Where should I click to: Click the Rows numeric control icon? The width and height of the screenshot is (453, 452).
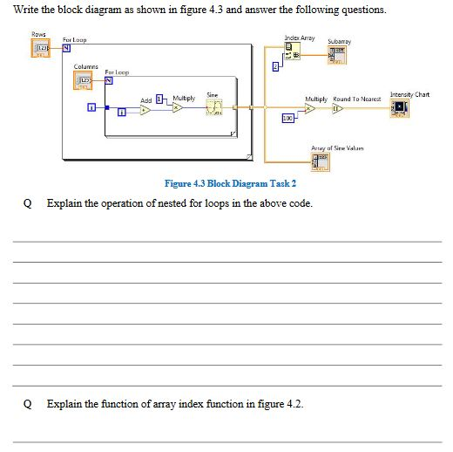(39, 48)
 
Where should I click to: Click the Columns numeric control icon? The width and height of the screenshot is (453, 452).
(86, 81)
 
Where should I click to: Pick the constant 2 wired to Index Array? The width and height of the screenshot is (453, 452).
(276, 66)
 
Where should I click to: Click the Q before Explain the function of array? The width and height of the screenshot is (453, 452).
(28, 405)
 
